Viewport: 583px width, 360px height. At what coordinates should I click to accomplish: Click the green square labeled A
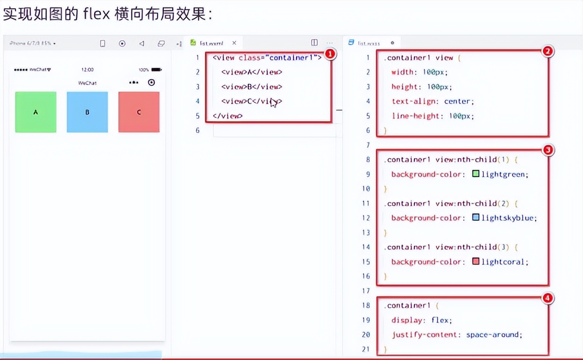[36, 112]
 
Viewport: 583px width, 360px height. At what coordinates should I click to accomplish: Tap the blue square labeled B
[87, 112]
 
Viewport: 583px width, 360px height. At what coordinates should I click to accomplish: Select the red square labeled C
[139, 112]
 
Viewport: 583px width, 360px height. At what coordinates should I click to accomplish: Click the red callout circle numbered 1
[331, 54]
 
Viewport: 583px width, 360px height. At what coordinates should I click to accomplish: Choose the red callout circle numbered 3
[548, 150]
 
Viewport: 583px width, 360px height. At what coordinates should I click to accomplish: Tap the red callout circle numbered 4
[548, 298]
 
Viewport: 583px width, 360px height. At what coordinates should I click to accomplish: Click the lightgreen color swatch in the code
[475, 174]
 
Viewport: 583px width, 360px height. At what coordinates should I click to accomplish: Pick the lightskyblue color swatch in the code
[475, 217]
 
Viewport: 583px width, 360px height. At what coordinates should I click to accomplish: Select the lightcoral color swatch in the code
[475, 261]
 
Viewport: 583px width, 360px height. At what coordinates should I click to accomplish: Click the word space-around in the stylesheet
[493, 335]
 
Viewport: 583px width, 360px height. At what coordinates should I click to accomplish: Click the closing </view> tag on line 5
[227, 116]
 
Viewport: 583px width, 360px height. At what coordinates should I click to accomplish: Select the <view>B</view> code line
[252, 86]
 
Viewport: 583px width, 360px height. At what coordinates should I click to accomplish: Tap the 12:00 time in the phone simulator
[87, 70]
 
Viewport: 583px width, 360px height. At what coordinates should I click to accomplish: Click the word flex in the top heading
[96, 14]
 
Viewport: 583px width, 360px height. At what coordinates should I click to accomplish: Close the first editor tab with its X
[234, 43]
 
